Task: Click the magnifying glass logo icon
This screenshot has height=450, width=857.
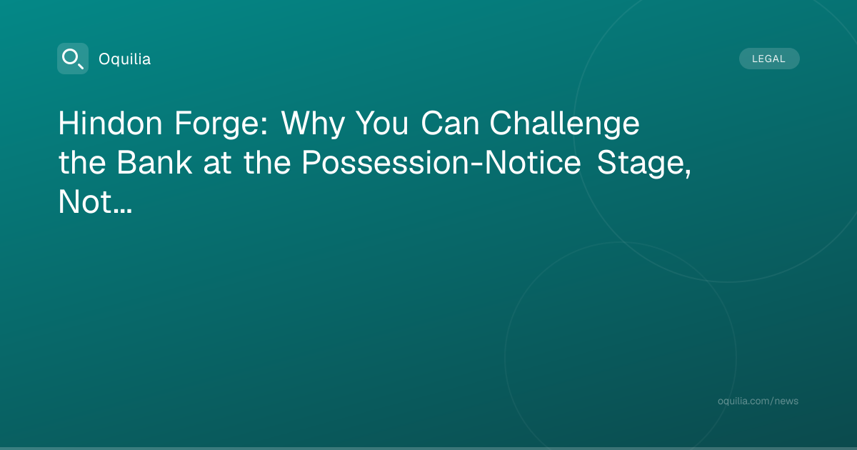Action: pos(73,59)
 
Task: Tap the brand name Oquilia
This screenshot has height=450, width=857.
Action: pos(125,59)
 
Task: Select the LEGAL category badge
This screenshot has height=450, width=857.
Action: pos(769,59)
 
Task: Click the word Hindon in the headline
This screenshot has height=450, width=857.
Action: pos(110,123)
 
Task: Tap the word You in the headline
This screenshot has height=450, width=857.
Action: pos(382,123)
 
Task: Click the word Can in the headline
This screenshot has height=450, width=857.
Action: pos(450,123)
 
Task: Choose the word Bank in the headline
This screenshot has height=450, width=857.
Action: pos(154,163)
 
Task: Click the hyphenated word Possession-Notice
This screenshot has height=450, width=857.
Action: pos(441,163)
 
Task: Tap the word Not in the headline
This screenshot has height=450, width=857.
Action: pos(85,202)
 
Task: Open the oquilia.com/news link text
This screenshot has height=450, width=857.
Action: pos(758,401)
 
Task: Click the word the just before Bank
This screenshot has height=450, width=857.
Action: pos(82,163)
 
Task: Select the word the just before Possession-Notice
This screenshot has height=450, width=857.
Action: pos(267,163)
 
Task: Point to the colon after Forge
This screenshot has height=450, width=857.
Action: pos(264,126)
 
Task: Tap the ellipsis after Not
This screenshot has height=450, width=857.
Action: pos(122,211)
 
